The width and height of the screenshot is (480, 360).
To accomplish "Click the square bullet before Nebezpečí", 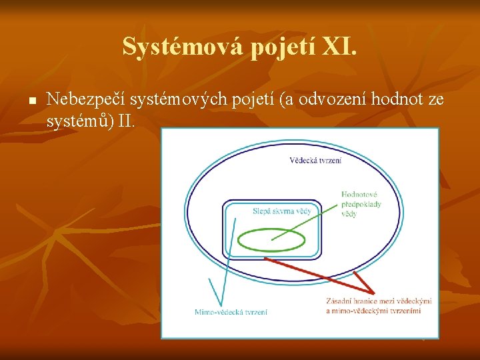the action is [x=31, y=102].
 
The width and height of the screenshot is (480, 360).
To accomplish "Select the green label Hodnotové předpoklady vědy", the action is [x=361, y=204].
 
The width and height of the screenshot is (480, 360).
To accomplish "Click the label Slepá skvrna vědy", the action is [x=282, y=211].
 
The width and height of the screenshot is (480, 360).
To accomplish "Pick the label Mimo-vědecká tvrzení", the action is [x=231, y=312].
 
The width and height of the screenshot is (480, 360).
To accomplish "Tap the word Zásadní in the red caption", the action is [x=339, y=301].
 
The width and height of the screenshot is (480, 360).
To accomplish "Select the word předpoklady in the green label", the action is [x=361, y=204].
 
